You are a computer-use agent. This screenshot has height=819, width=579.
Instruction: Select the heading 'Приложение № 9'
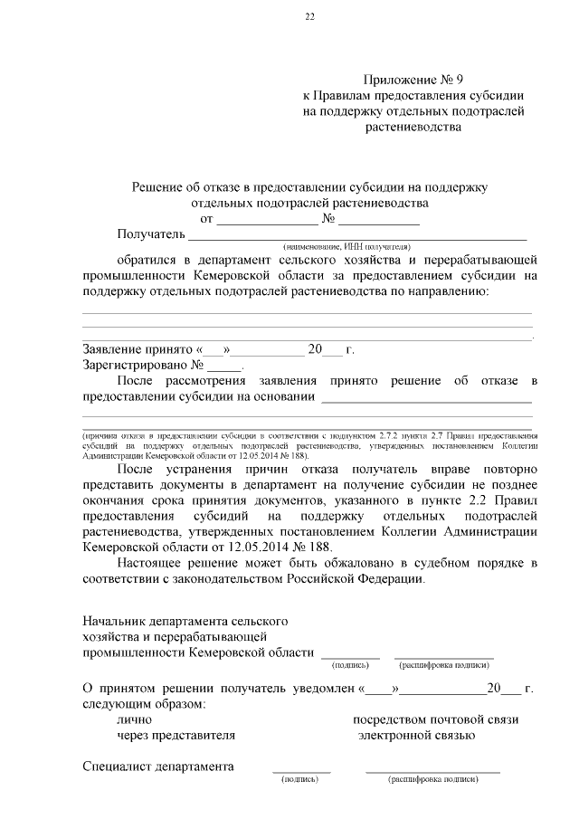413,80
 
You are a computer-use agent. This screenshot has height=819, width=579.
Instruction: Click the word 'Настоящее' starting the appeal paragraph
148,564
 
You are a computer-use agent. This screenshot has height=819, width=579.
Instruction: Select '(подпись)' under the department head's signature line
350,663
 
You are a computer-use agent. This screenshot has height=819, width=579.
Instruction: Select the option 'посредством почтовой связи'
435,719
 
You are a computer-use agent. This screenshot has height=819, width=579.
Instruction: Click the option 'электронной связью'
416,735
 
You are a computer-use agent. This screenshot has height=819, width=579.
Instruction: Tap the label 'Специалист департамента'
158,767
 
